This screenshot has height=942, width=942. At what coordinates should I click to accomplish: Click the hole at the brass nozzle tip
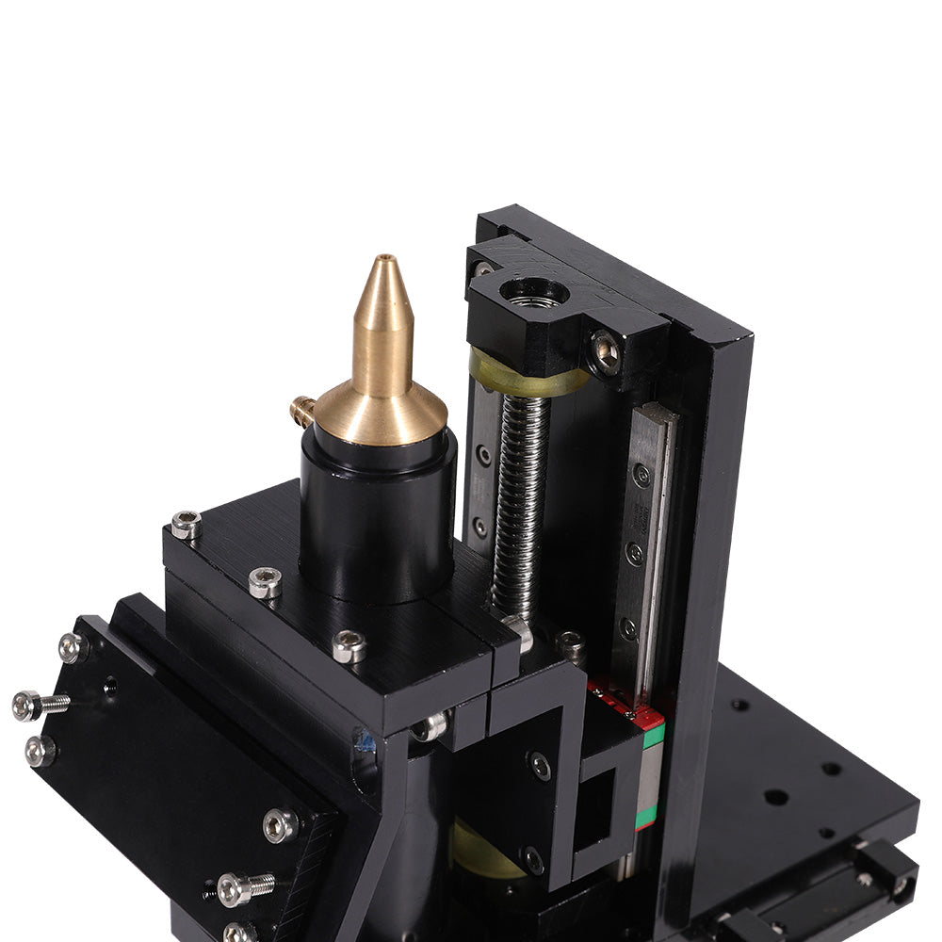coord(383,258)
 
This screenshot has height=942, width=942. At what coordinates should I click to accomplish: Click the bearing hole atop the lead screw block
coord(533,292)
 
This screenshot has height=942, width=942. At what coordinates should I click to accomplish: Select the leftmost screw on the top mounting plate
coord(186,525)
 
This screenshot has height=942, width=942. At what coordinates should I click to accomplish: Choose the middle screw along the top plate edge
coord(265,583)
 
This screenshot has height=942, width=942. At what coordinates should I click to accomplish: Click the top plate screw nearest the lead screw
coord(349,645)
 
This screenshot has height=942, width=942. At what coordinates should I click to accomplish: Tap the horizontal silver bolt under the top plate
coord(430,726)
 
